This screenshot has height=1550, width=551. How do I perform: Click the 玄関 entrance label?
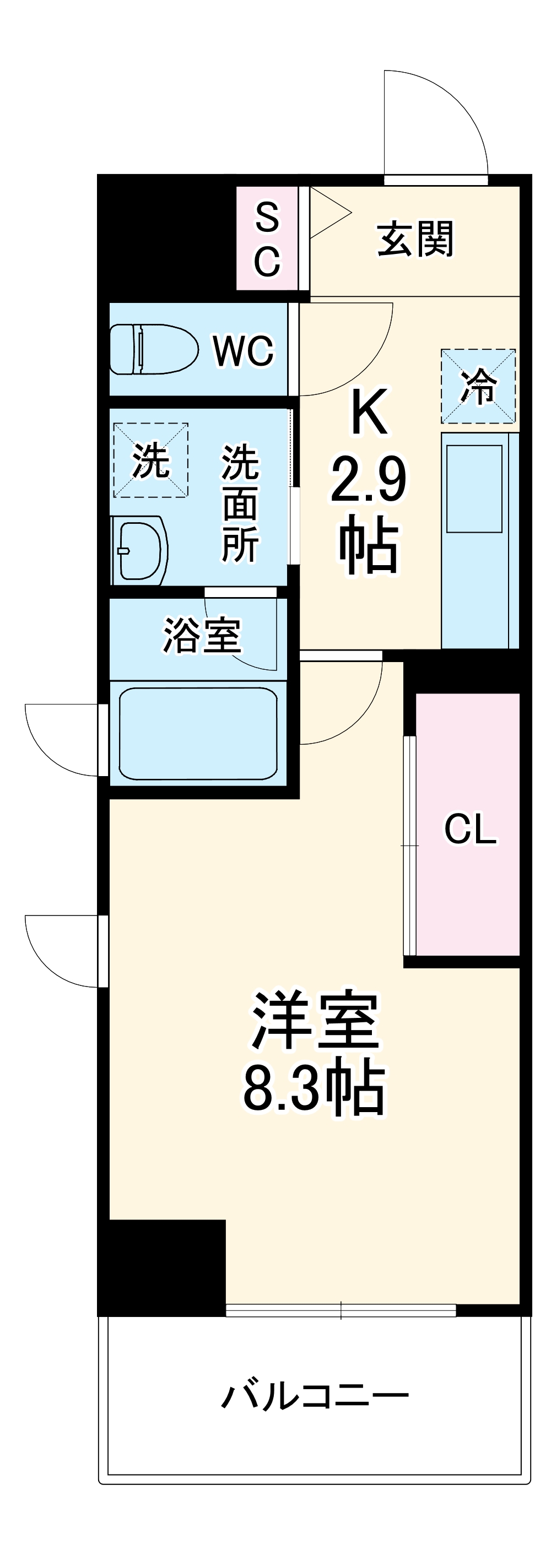click(415, 239)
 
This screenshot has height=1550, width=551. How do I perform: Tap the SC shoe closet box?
click(267, 239)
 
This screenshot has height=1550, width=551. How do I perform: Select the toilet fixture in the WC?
click(154, 349)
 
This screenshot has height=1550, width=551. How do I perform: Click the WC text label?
click(244, 350)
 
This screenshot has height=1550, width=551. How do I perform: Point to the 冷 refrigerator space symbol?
click(478, 386)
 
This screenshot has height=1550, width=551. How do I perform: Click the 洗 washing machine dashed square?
click(150, 460)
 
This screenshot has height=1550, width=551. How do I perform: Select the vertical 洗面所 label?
click(240, 503)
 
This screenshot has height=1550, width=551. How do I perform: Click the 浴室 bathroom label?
click(202, 636)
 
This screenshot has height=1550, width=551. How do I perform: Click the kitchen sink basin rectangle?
click(474, 489)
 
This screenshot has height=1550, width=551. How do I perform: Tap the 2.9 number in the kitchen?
click(368, 480)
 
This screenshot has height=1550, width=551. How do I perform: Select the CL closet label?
click(471, 829)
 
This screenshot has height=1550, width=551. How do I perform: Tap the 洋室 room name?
click(315, 1020)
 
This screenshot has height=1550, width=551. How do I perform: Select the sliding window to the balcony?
click(341, 1310)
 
